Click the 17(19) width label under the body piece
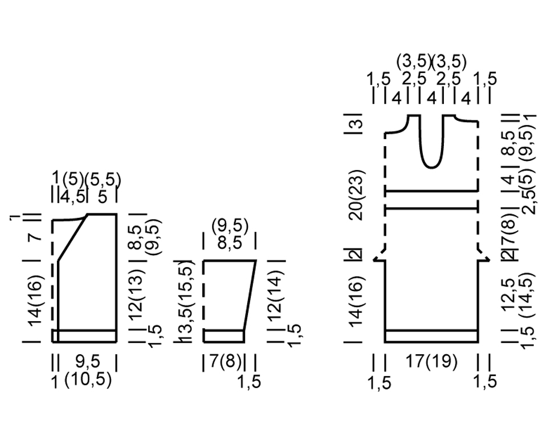coord(431,362)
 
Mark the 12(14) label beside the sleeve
coord(276,292)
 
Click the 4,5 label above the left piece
coord(72,197)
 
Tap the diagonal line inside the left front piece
coord(73,237)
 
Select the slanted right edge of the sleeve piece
coord(250,295)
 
